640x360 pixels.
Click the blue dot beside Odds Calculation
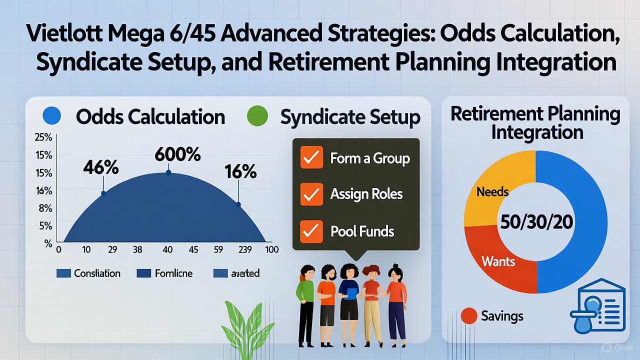pyautogui.click(x=52, y=116)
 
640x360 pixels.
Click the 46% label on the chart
pyautogui.click(x=101, y=167)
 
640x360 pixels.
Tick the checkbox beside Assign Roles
pyautogui.click(x=311, y=194)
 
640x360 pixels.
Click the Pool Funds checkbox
pyautogui.click(x=311, y=231)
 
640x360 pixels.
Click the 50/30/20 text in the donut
pyautogui.click(x=536, y=222)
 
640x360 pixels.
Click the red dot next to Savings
pyautogui.click(x=468, y=316)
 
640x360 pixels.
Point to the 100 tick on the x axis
pyautogui.click(x=272, y=249)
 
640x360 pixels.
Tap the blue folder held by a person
pyautogui.click(x=351, y=293)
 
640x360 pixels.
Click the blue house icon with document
pyautogui.click(x=598, y=309)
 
